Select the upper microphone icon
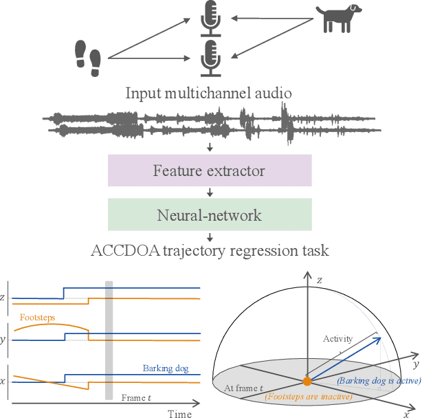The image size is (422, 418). click(x=210, y=19)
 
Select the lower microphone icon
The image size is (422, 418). click(x=210, y=58)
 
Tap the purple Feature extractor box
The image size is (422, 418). click(x=210, y=170)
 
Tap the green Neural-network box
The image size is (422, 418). click(x=210, y=215)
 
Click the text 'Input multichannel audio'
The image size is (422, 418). click(x=210, y=93)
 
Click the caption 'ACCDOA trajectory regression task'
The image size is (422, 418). click(x=210, y=250)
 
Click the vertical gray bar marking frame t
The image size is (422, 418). click(x=108, y=340)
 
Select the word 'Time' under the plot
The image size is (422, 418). click(x=180, y=413)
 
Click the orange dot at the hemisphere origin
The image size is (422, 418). click(x=307, y=381)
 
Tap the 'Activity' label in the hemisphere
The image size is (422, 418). click(x=338, y=338)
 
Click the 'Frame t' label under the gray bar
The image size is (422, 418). click(x=137, y=397)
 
